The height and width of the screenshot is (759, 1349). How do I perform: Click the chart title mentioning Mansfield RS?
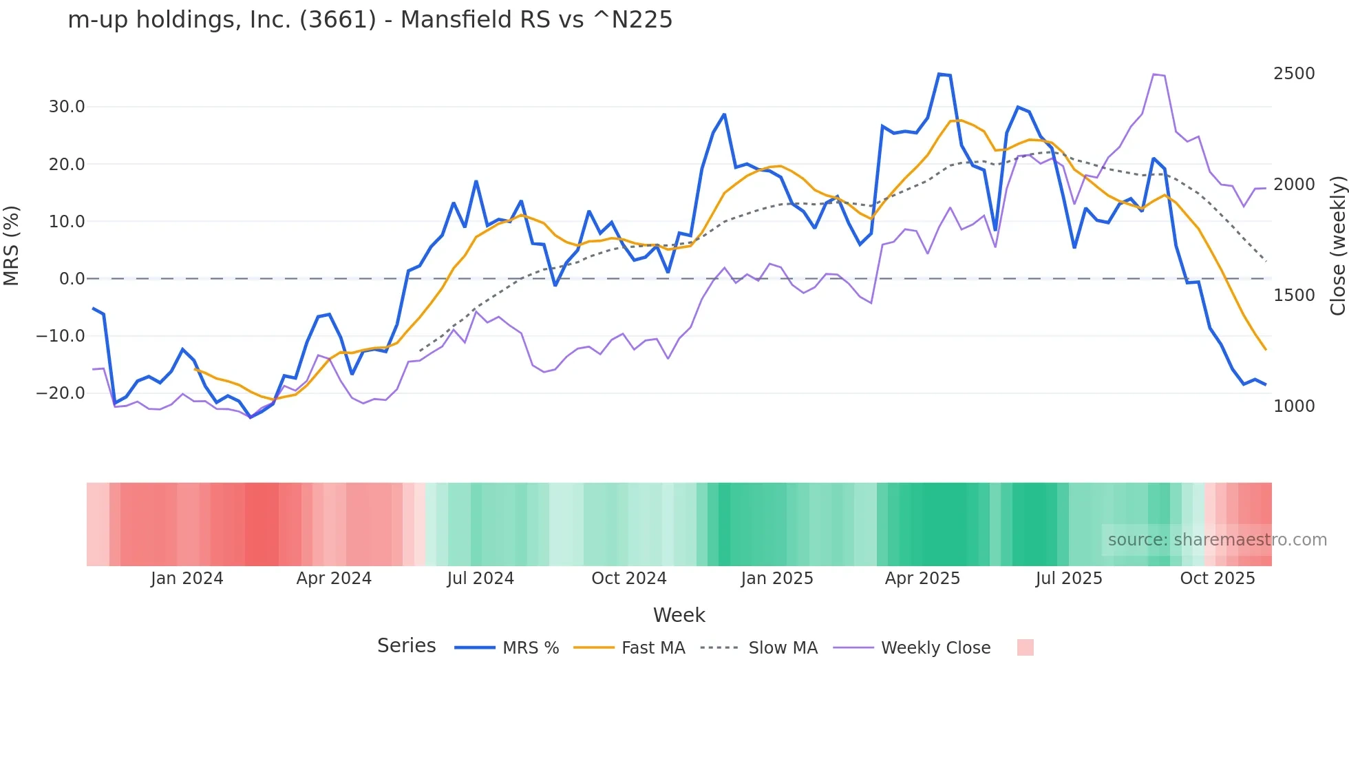[370, 20]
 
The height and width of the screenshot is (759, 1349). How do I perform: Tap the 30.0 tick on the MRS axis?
[67, 107]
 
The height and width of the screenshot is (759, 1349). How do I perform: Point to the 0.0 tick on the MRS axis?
[72, 279]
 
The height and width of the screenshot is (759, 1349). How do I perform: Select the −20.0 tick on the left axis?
[61, 393]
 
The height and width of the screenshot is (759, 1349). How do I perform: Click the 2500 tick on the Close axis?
[1294, 74]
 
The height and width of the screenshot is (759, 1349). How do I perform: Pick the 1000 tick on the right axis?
[1294, 406]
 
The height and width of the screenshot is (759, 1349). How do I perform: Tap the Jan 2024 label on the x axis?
[187, 579]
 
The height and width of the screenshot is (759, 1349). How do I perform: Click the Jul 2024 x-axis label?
[480, 579]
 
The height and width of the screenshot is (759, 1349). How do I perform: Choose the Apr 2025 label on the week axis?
[922, 579]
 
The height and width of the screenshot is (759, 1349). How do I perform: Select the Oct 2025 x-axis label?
[1218, 579]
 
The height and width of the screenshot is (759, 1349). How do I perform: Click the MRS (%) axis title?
[12, 245]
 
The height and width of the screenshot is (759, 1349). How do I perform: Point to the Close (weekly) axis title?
[1337, 246]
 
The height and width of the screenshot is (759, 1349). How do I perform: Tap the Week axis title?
[679, 615]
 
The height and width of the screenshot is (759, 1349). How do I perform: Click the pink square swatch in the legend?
[1025, 647]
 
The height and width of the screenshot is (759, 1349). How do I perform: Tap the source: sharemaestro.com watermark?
[1217, 540]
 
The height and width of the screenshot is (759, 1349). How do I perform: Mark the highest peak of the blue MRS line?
[939, 74]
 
